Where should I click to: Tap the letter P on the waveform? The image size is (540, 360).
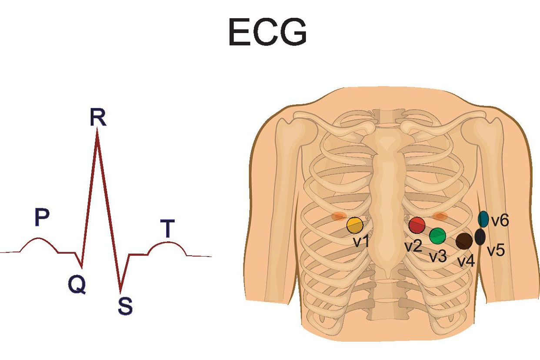click(42, 218)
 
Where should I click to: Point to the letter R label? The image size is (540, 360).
click(98, 117)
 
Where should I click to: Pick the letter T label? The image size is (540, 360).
click(167, 229)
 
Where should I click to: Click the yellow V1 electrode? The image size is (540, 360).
click(355, 225)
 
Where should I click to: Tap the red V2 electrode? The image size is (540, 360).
click(417, 225)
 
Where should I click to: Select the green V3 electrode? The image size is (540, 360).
click(437, 236)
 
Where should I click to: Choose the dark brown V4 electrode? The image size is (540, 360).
click(464, 241)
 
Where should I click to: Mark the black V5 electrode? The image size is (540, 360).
click(480, 237)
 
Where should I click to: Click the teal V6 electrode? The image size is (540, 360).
click(483, 219)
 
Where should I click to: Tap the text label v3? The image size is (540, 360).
click(438, 256)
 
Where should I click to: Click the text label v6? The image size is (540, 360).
click(500, 221)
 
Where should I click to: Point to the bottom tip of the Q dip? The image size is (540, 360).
click(81, 267)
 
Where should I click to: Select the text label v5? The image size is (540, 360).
click(496, 250)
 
